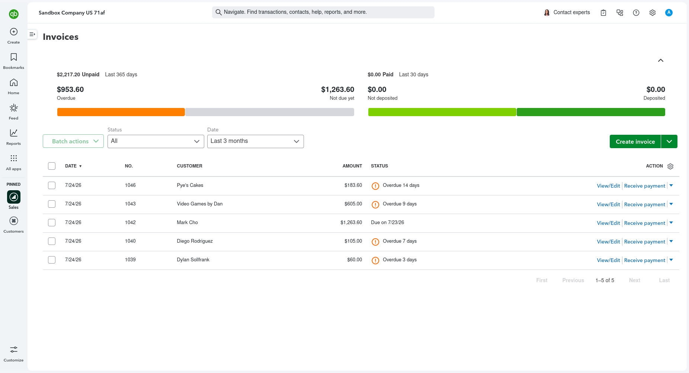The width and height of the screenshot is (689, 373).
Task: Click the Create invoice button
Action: tap(635, 141)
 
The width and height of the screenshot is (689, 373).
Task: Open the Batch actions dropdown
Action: tap(73, 141)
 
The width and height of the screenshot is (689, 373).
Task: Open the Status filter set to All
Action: tap(156, 141)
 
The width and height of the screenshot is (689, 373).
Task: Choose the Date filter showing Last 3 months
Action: tap(255, 141)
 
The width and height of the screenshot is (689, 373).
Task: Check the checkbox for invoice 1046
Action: tap(52, 185)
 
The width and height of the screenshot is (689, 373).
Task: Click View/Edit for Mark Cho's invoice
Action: tap(608, 223)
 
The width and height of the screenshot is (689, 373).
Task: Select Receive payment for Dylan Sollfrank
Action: tap(644, 260)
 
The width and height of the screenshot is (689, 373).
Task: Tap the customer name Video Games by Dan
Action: tap(200, 204)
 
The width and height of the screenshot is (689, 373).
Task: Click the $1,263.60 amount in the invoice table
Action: tap(351, 223)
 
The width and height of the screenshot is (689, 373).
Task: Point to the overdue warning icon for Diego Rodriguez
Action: tap(375, 242)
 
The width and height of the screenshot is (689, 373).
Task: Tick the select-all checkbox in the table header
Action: tap(52, 166)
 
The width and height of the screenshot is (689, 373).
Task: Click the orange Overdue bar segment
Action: tap(121, 112)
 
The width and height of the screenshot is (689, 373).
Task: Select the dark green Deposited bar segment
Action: tap(591, 112)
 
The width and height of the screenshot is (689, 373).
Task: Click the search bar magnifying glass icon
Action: tap(219, 12)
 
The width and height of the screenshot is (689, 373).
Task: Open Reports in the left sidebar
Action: tap(14, 137)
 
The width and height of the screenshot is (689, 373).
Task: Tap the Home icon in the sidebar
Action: tap(14, 82)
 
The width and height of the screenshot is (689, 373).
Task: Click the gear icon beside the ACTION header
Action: tap(670, 166)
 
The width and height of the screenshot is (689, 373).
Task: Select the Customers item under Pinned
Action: tap(14, 225)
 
